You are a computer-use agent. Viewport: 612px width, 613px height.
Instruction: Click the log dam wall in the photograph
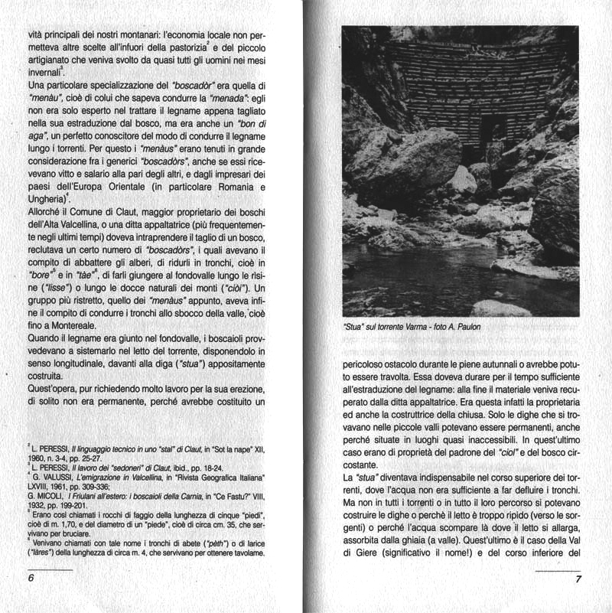(x=490, y=84)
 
